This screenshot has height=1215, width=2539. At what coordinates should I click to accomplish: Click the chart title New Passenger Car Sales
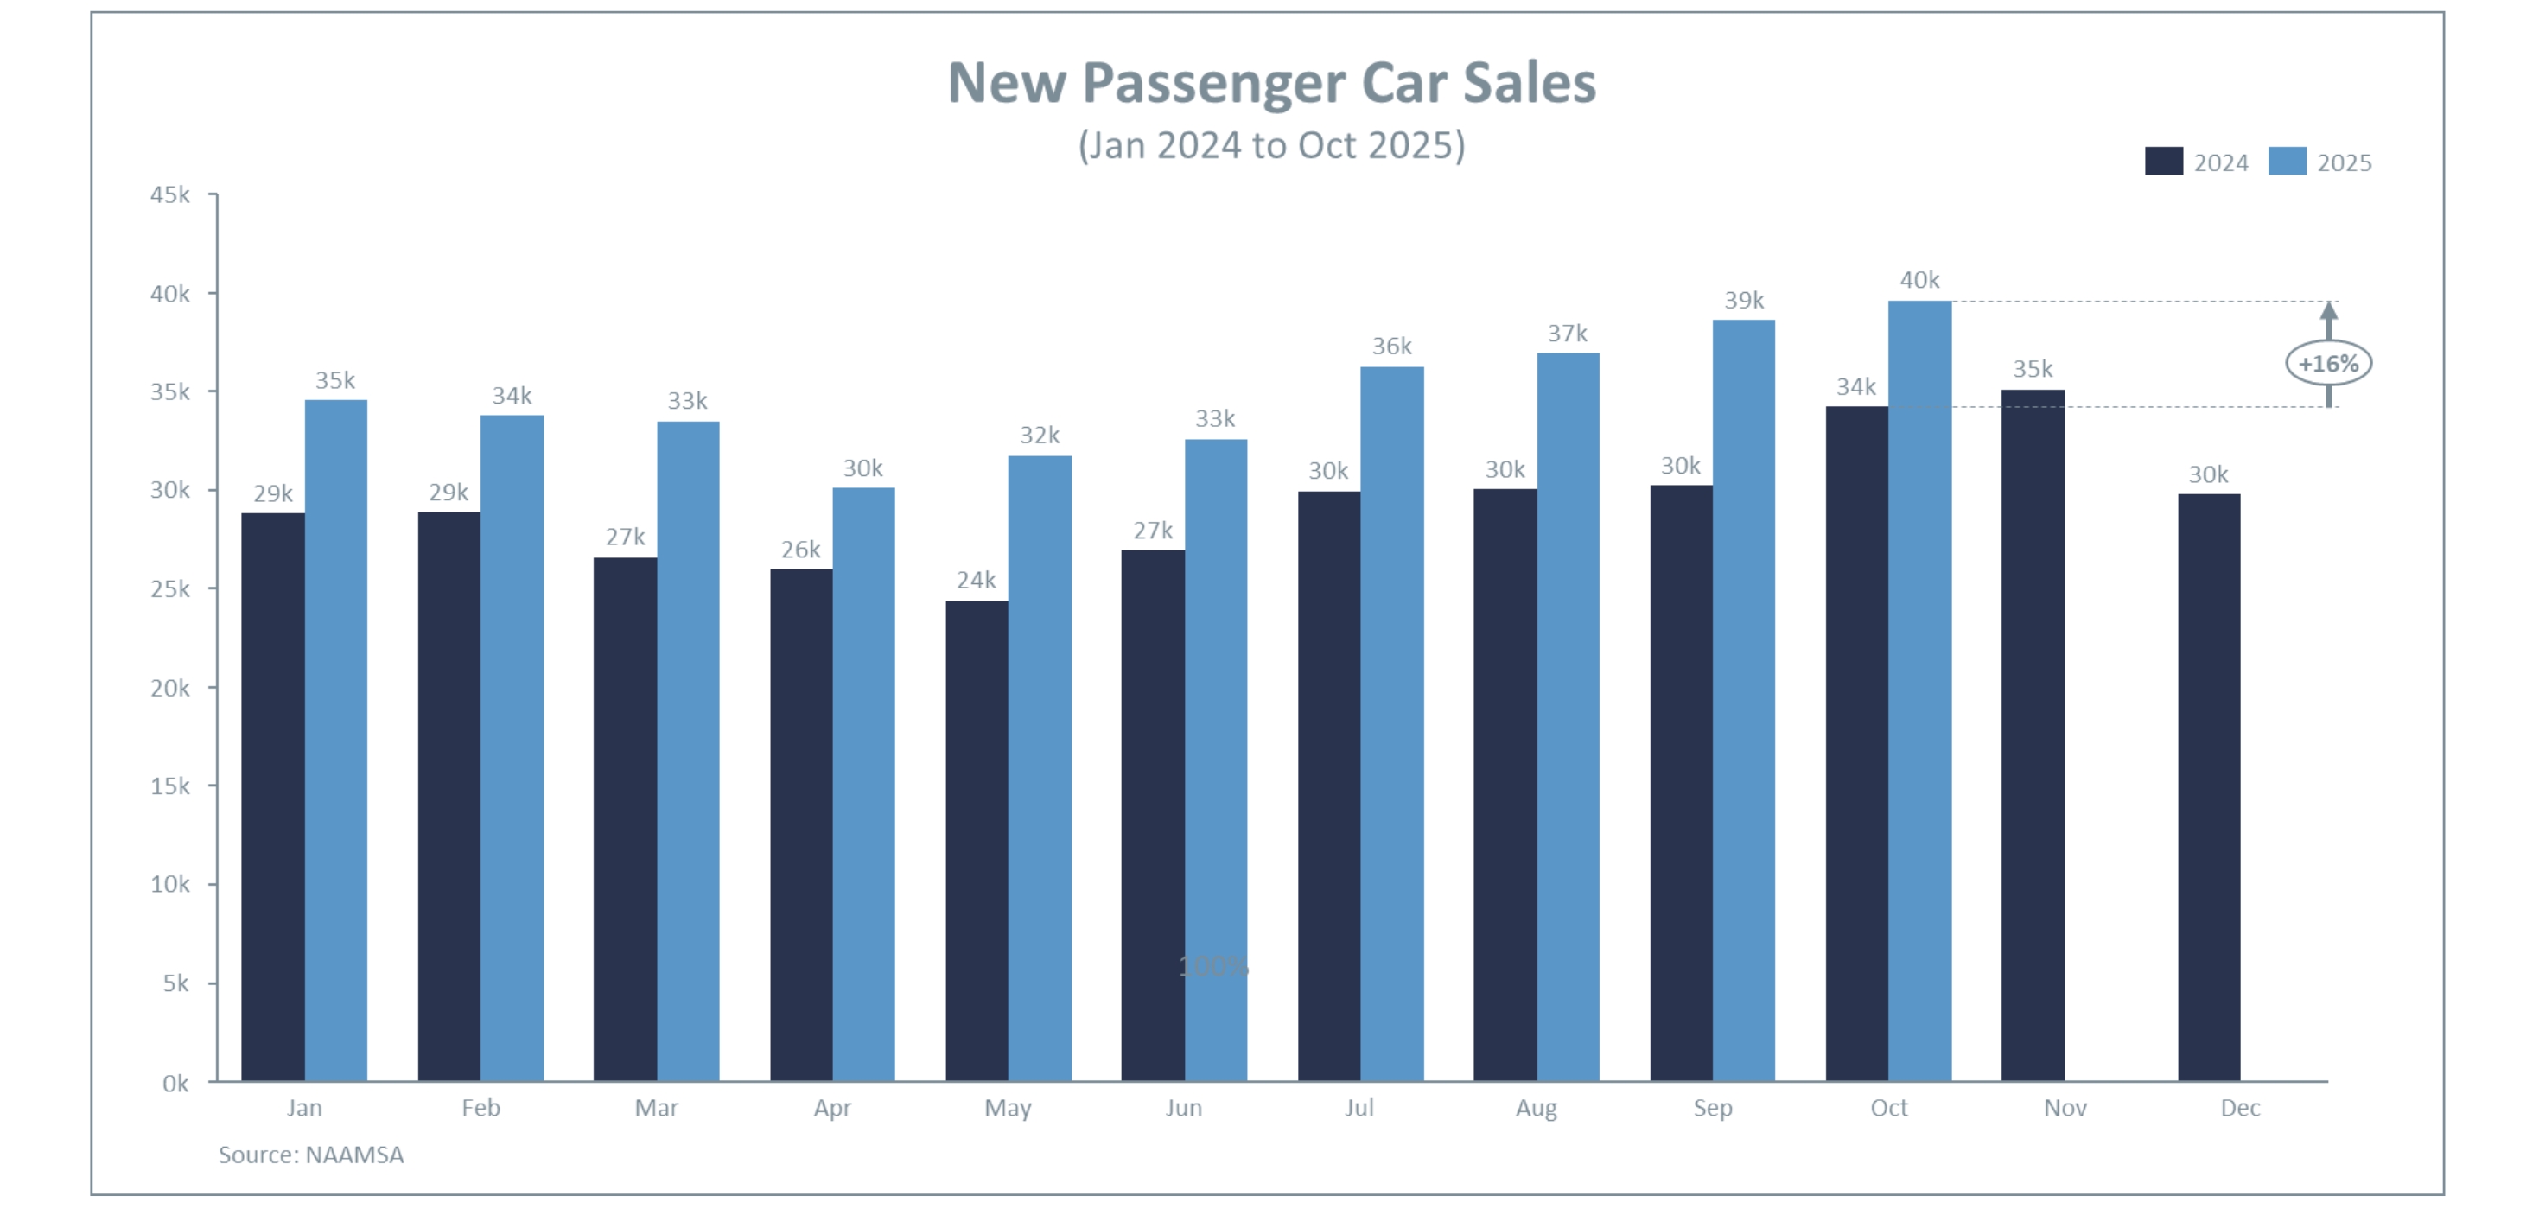(x=1271, y=82)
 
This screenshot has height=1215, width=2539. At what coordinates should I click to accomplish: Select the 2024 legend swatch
(x=2162, y=162)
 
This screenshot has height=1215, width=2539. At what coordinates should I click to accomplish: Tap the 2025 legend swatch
(x=2286, y=162)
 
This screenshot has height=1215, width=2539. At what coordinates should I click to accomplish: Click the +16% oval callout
(x=2328, y=364)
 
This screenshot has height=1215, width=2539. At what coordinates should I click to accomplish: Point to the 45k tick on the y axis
(x=169, y=195)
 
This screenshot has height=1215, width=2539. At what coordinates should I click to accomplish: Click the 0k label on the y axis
(x=175, y=1083)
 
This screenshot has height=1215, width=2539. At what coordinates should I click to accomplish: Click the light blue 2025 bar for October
(x=1919, y=690)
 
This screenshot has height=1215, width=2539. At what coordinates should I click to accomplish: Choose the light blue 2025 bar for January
(x=335, y=739)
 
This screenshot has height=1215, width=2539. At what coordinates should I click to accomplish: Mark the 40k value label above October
(x=1919, y=280)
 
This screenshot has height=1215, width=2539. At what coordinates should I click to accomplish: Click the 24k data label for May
(x=976, y=581)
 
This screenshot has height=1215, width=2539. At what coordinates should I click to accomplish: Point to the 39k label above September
(x=1744, y=301)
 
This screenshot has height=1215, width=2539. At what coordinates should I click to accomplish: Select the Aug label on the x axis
(x=1536, y=1108)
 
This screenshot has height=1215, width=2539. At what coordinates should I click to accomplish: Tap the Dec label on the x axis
(x=2239, y=1108)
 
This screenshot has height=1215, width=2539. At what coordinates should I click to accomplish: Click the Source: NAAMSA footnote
(x=310, y=1154)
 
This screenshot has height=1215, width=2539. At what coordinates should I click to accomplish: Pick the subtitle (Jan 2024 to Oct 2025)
(x=1271, y=145)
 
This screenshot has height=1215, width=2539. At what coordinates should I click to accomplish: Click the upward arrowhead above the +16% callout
(x=2328, y=310)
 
